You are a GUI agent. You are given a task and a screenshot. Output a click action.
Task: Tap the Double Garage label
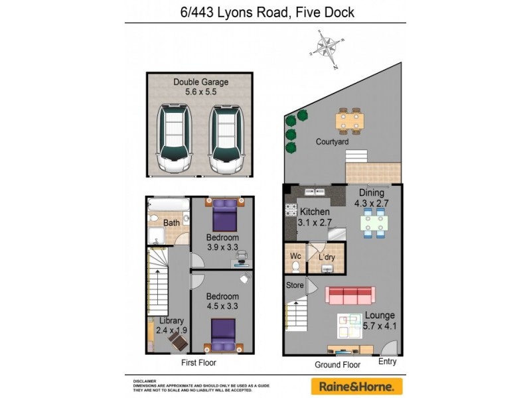[x=200, y=87]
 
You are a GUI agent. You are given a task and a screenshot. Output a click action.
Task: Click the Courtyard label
[x=332, y=141]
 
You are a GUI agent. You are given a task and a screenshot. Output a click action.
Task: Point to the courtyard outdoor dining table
[x=348, y=120]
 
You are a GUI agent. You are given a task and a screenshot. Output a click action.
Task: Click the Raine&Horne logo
[x=356, y=386]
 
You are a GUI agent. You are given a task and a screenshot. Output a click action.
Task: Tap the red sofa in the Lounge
[x=350, y=296]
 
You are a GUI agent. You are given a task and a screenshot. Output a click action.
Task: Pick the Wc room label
[x=295, y=257]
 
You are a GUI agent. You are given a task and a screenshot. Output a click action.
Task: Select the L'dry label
[x=326, y=257]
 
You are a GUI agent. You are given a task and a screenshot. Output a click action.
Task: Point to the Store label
[x=295, y=285]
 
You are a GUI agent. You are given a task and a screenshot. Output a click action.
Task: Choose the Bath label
[x=172, y=223]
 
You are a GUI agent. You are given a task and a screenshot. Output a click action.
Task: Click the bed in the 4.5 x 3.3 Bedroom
[x=223, y=334]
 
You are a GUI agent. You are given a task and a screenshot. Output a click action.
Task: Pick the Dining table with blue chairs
[x=375, y=222]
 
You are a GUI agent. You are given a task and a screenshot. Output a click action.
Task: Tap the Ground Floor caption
[x=337, y=365]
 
